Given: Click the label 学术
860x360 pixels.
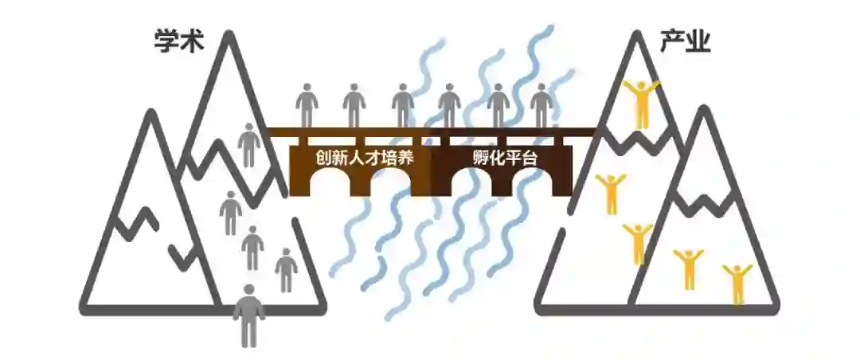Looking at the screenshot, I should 178,41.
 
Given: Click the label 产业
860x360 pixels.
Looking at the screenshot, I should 686,41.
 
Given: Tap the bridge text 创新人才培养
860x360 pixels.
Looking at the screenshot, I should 363,158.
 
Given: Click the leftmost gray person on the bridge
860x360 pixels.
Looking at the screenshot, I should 307,105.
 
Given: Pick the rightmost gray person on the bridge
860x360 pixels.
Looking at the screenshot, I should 542,105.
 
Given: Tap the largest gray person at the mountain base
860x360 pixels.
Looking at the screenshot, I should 249,315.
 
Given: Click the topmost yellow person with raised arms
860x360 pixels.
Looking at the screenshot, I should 641,102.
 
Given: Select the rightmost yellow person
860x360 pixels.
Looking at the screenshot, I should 738,284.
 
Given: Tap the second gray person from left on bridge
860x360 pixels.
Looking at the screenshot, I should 354,105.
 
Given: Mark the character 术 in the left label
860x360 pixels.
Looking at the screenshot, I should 191,41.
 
